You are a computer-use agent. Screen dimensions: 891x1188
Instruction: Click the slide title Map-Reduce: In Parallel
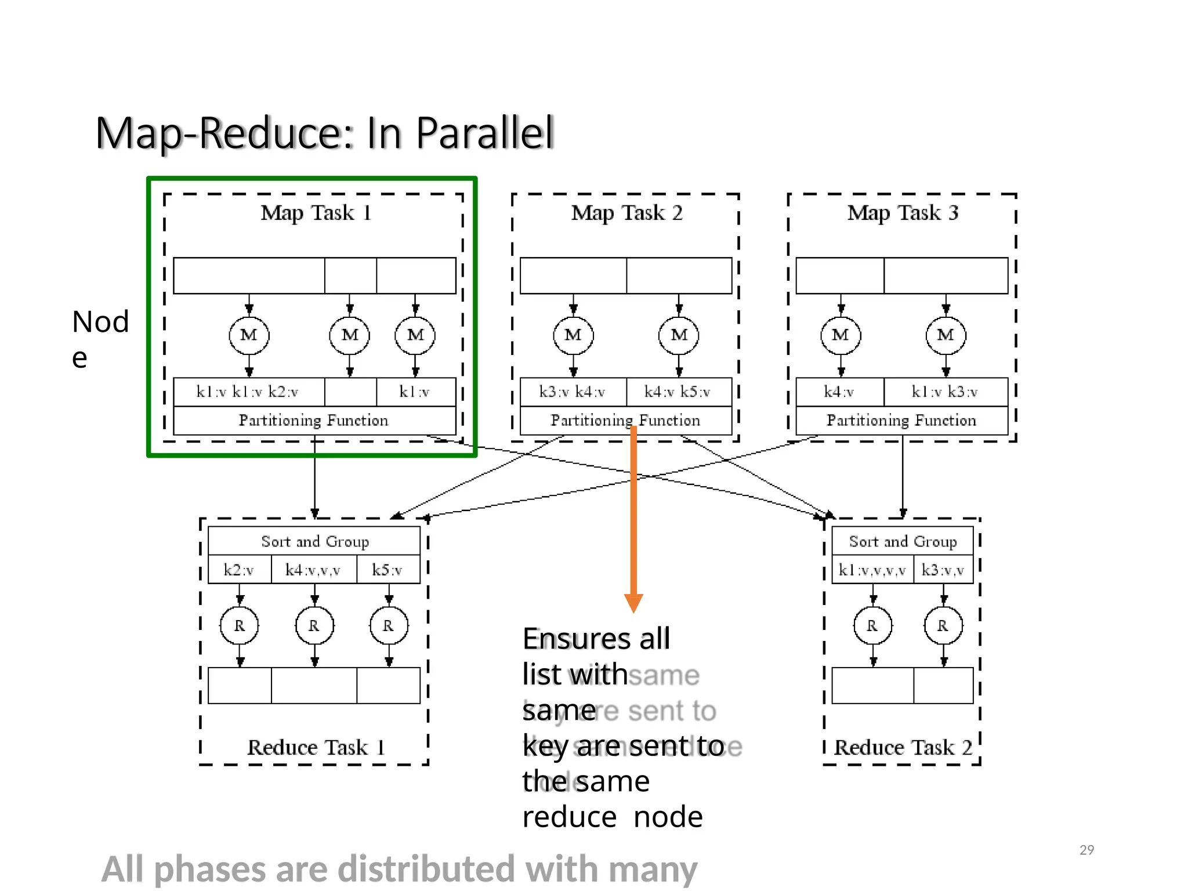pos(325,133)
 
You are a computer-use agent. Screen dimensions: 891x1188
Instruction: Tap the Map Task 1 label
pos(316,213)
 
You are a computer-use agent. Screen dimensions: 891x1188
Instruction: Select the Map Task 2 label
pos(626,213)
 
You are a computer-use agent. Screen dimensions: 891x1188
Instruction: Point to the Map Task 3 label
pos(903,213)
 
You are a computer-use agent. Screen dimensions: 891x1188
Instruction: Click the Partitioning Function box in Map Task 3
pos(901,420)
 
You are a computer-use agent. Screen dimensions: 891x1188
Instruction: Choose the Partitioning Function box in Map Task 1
pos(314,420)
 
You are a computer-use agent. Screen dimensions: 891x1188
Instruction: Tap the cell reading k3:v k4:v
pos(572,392)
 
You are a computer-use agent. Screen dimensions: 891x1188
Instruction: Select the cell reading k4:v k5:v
pos(678,392)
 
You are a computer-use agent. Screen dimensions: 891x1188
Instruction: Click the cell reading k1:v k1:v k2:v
pos(248,392)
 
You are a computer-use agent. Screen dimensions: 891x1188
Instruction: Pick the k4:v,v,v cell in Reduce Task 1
pos(313,570)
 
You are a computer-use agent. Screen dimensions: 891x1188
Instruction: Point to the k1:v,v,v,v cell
pos(872,570)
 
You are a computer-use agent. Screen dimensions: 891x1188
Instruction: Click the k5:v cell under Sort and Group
pos(387,570)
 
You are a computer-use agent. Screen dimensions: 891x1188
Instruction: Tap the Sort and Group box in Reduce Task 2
pos(903,541)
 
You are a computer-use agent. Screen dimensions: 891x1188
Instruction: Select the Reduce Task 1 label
pos(316,747)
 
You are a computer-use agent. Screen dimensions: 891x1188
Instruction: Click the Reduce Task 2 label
pos(903,747)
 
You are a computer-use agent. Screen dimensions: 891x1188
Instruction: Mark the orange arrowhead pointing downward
pos(633,603)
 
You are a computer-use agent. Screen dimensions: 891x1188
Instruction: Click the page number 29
pos(1086,850)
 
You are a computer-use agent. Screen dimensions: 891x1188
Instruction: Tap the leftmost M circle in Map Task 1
pos(249,335)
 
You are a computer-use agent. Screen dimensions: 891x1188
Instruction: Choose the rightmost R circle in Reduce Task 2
pos(943,625)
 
